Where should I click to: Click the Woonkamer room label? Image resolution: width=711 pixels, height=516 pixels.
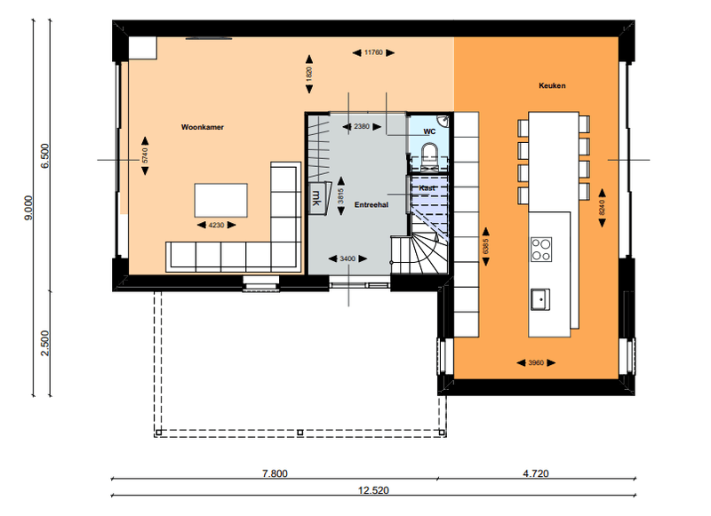click(203, 127)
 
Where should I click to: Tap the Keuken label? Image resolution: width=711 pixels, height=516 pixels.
click(552, 85)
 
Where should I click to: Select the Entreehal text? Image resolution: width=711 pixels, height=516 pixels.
click(371, 205)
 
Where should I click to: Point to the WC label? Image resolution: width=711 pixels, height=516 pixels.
click(429, 131)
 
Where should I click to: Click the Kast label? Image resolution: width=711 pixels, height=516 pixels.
click(427, 188)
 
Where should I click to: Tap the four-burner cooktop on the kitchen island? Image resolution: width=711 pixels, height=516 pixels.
click(541, 250)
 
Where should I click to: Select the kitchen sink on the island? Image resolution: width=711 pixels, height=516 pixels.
click(540, 299)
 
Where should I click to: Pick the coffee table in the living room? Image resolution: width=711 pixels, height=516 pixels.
click(220, 200)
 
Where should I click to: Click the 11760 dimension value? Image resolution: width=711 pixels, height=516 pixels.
click(373, 52)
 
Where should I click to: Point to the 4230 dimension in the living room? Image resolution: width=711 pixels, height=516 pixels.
click(216, 226)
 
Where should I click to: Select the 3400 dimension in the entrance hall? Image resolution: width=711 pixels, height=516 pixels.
click(348, 258)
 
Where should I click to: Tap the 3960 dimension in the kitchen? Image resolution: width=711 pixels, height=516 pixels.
click(536, 363)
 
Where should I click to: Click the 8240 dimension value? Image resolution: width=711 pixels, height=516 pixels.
click(603, 207)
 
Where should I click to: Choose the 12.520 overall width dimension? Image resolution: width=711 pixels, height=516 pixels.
click(373, 490)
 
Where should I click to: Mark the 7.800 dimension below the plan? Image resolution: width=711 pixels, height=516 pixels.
click(275, 473)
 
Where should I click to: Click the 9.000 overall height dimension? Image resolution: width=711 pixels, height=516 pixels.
click(28, 208)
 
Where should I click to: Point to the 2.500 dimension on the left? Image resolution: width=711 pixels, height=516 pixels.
click(45, 343)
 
